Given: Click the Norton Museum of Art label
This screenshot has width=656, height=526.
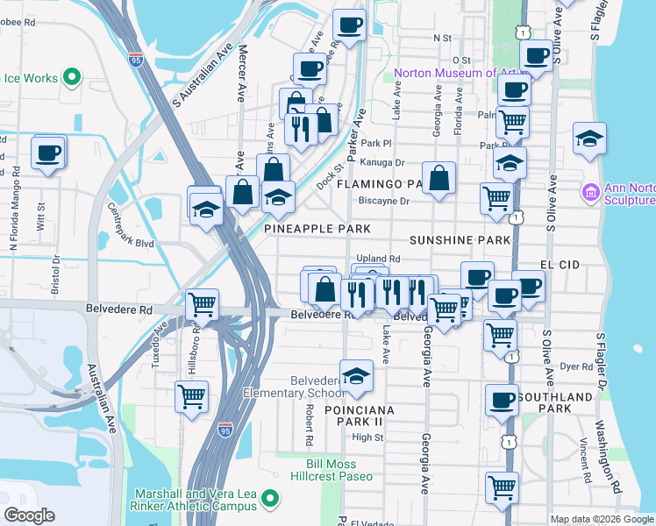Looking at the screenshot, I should click(x=446, y=73).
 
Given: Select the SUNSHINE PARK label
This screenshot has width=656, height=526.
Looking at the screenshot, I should click(x=460, y=239).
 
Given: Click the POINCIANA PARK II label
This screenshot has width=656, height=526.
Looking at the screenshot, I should click(x=360, y=416).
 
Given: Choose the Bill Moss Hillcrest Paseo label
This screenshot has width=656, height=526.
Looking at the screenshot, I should click(x=339, y=470).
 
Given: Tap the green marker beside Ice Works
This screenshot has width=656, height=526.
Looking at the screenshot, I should click(x=73, y=77).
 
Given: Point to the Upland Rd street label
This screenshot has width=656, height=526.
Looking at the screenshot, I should click(x=378, y=259).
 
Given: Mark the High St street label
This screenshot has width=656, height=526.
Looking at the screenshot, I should click(x=367, y=437).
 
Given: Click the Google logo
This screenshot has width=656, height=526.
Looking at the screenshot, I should click(x=29, y=515).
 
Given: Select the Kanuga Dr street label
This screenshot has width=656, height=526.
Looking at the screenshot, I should click(x=382, y=162).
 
